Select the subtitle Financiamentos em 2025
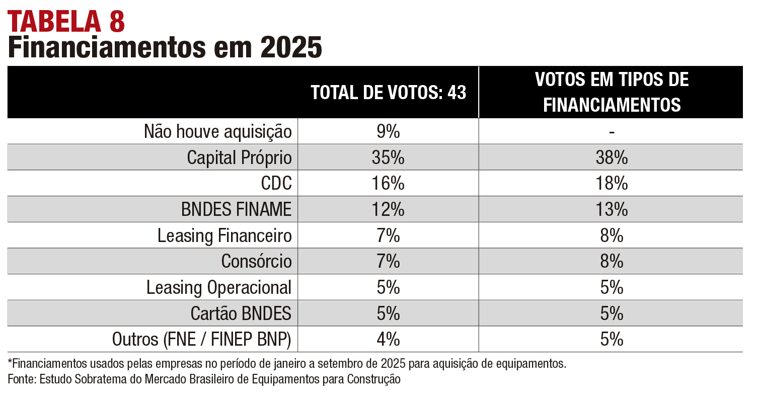165,48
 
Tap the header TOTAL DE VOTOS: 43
388,93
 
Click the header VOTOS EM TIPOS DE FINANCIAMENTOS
612,92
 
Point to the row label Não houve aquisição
218,132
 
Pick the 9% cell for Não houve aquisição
388,132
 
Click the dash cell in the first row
612,132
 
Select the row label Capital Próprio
239,158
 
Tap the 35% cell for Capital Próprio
388,158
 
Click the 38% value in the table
612,158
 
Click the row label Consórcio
256,262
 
